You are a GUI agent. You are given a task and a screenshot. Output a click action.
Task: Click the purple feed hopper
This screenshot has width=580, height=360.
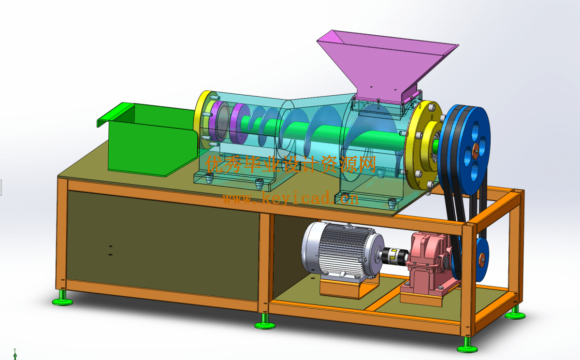(x=386, y=65)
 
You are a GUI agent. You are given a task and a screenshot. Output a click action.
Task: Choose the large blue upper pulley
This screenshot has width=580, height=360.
(x=466, y=150)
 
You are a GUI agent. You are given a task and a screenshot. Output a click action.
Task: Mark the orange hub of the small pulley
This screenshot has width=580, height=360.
(x=482, y=260)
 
